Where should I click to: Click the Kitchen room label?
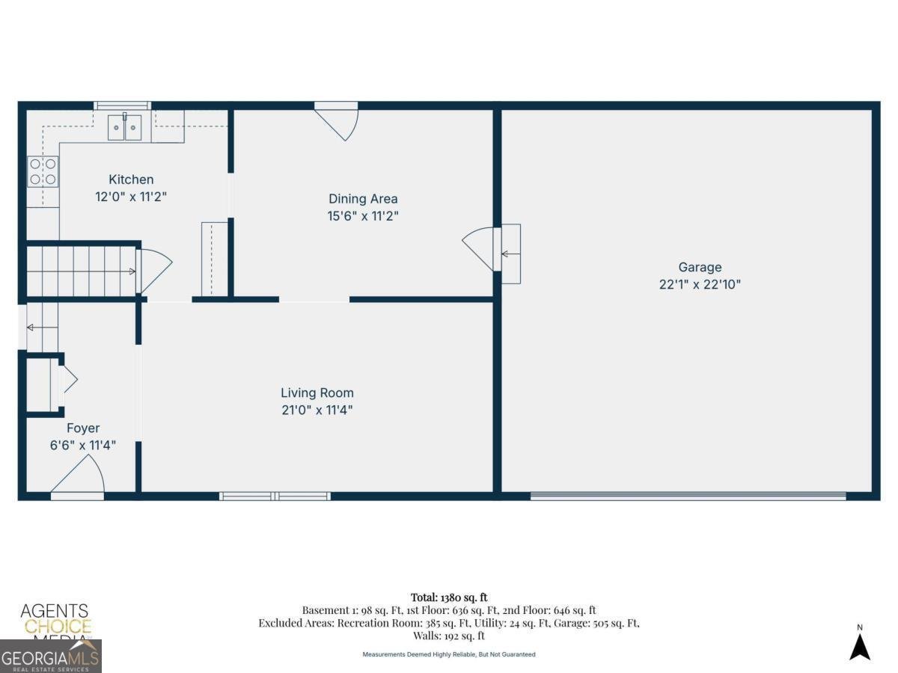(131, 179)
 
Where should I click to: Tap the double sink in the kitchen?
(125, 127)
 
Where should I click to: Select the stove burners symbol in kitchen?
(43, 171)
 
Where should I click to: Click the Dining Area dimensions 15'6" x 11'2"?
(363, 216)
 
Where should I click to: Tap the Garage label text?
(700, 267)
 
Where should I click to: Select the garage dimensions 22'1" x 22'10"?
(700, 284)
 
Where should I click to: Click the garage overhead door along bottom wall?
(688, 495)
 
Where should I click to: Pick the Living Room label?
(317, 393)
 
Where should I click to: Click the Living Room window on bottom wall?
(275, 495)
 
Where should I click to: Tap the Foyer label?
(83, 428)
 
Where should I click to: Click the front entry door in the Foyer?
(78, 479)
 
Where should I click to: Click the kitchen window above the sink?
(122, 105)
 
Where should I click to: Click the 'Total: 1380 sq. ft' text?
(448, 597)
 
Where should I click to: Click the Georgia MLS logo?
(50, 658)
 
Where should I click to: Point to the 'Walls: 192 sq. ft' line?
(448, 636)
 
